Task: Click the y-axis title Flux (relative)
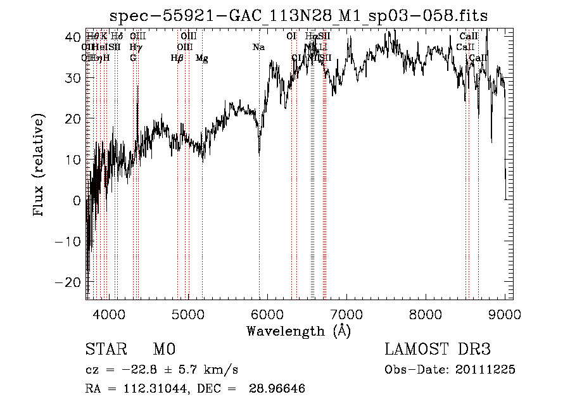coord(40,166)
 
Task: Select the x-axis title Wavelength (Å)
coord(298,331)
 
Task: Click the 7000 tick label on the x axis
coord(346,313)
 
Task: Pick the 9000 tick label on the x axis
coord(505,313)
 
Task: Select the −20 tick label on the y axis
coord(69,282)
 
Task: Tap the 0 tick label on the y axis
coord(77,201)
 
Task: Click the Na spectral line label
coord(258,47)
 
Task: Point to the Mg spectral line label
coord(202,58)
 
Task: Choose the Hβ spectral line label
coord(177,58)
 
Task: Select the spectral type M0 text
coord(164,350)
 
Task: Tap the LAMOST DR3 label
coord(438,350)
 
